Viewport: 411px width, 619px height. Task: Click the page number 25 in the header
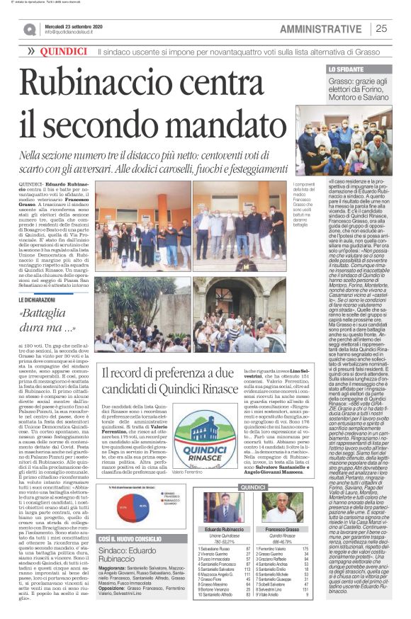(x=381, y=28)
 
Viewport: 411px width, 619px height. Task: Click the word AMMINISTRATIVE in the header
(x=320, y=28)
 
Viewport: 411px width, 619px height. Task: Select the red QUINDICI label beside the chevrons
(x=64, y=52)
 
